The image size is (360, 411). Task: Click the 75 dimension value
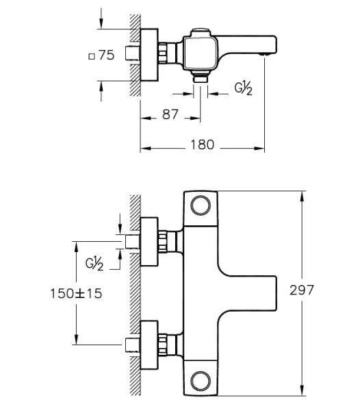(x=106, y=56)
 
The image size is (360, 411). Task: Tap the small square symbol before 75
(x=92, y=57)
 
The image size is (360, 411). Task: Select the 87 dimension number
(x=170, y=115)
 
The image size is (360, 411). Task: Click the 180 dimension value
(x=203, y=145)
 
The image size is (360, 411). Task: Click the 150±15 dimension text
(x=75, y=293)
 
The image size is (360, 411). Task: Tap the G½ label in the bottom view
(x=94, y=263)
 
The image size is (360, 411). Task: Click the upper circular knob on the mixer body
(x=201, y=205)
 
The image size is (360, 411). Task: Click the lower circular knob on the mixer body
(x=201, y=380)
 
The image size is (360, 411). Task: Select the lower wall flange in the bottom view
(x=149, y=342)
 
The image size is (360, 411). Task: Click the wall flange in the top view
(x=149, y=55)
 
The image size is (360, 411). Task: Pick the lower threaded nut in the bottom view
(x=164, y=342)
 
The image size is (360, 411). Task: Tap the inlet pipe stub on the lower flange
(x=133, y=342)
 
